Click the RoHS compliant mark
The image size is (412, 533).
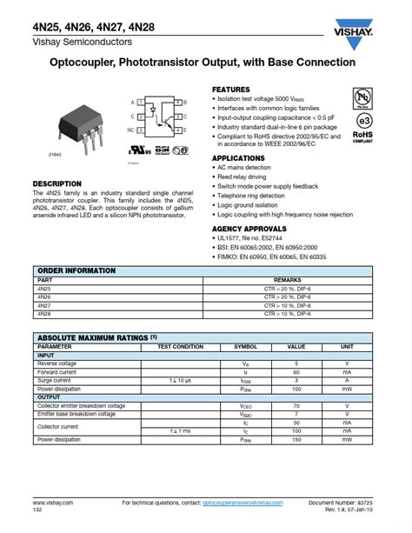(x=362, y=137)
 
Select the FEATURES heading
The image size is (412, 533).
(x=231, y=90)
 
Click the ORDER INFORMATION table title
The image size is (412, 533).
(x=76, y=271)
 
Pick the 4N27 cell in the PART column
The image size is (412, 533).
(x=44, y=305)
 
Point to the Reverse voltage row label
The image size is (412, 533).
(x=57, y=363)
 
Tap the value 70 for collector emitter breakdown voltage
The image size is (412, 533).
(x=296, y=406)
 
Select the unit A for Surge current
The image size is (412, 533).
(x=347, y=380)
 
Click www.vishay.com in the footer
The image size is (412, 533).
(x=53, y=503)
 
